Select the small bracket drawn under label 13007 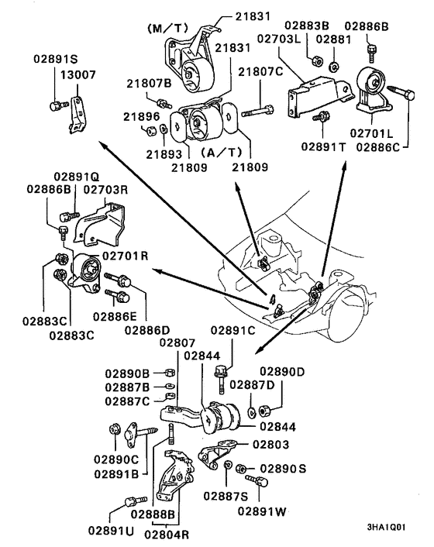pos(76,114)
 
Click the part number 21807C pos(261,72)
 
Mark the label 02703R pos(105,188)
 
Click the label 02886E pos(115,316)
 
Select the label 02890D pos(282,371)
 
